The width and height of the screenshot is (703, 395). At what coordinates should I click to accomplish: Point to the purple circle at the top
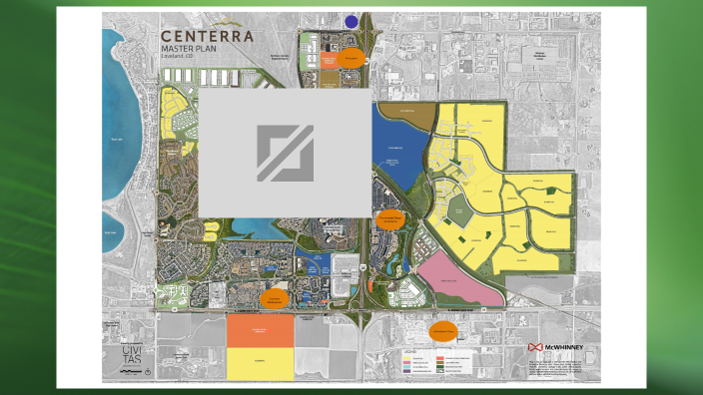click(351, 20)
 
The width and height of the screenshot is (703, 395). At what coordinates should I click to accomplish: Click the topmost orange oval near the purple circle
click(351, 59)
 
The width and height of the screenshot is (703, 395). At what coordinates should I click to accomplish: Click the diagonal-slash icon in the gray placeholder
click(285, 153)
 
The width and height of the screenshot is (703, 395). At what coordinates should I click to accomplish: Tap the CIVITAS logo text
click(120, 354)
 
